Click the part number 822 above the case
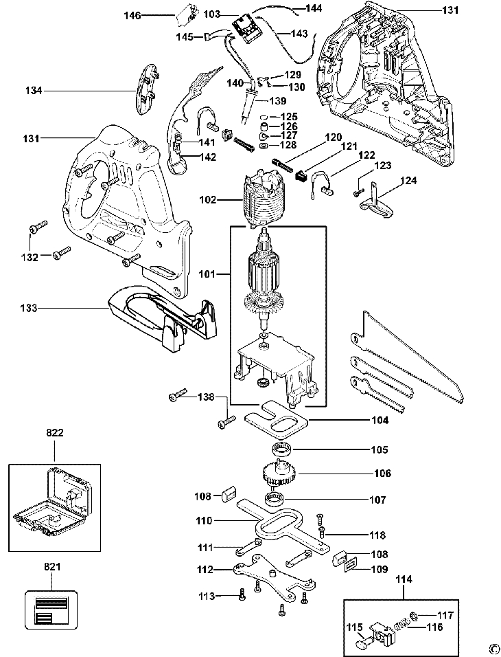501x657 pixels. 55,433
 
